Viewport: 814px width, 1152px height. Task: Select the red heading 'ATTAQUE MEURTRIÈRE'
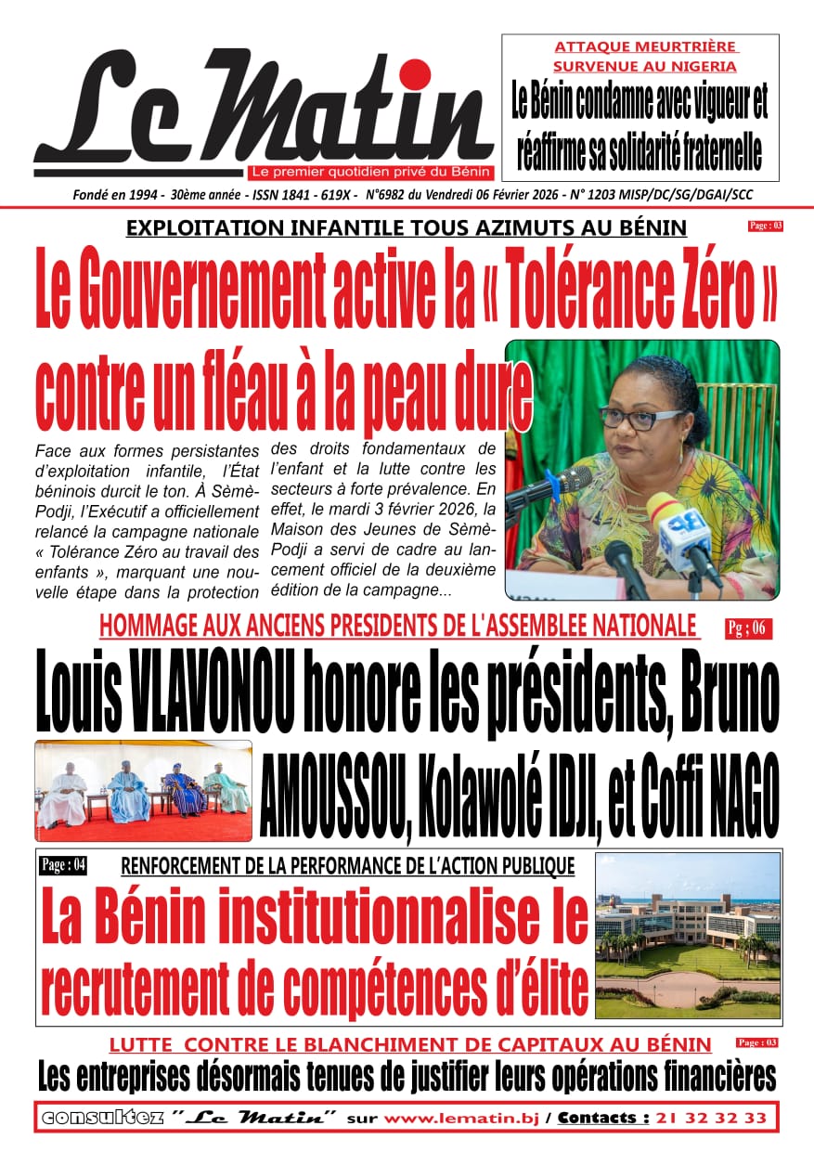pyautogui.click(x=645, y=46)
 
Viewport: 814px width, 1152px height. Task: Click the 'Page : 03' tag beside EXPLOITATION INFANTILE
pyautogui.click(x=765, y=226)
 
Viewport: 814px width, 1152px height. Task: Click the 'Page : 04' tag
pyautogui.click(x=63, y=865)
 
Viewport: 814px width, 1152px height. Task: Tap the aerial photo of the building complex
pyautogui.click(x=687, y=935)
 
